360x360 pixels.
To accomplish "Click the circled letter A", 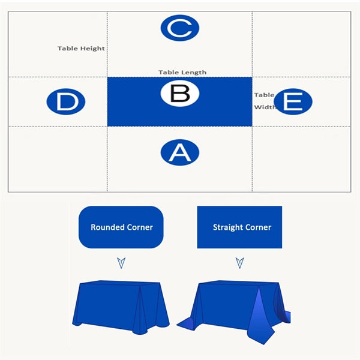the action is (180, 152).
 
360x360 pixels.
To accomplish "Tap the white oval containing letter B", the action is (180, 93).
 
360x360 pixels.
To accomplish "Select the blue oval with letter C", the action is (180, 28).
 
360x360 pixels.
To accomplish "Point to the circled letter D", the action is (66, 101).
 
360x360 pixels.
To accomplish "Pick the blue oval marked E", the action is (293, 101).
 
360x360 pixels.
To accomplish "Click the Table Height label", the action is (81, 49).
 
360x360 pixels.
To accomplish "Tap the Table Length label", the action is (182, 73).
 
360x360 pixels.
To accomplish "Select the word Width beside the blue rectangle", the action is (265, 107).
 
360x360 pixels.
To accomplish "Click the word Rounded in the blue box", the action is (107, 227).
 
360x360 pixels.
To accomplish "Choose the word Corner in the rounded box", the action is (140, 227).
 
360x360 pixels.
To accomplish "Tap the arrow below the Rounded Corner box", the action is (121, 263).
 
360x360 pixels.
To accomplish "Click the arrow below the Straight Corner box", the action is (240, 263).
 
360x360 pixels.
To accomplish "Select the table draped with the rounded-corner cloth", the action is (121, 307).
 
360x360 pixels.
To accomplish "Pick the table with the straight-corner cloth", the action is (233, 310).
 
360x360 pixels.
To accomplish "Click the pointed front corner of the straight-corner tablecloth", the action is (263, 344).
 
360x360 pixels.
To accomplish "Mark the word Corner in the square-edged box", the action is (258, 227).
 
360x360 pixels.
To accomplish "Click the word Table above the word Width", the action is (264, 95).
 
